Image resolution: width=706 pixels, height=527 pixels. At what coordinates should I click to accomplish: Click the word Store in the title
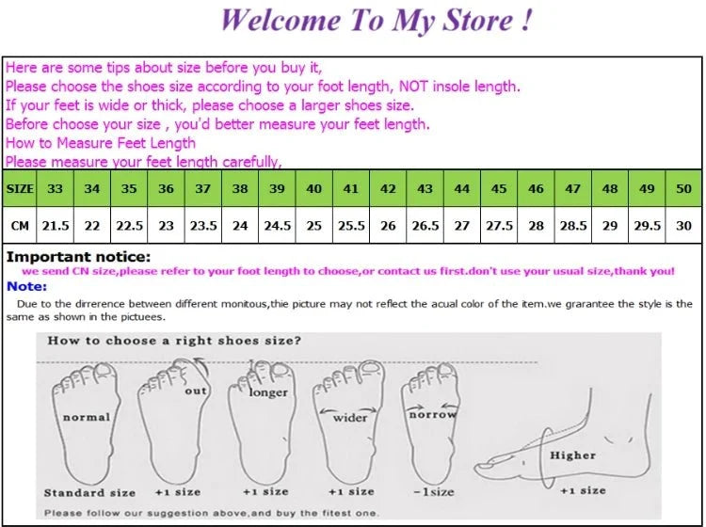[477, 21]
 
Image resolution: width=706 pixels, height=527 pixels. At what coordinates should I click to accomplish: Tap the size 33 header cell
[55, 188]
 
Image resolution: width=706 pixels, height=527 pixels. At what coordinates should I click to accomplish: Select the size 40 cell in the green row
[313, 188]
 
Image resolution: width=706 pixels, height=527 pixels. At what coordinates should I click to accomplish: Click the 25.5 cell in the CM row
[351, 226]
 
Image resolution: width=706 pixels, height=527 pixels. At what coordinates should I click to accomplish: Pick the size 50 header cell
[683, 188]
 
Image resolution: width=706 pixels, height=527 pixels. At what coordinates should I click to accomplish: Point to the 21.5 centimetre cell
[55, 226]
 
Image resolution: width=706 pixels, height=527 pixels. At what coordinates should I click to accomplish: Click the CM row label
[20, 226]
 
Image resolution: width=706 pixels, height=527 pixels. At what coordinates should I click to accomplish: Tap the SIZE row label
[20, 188]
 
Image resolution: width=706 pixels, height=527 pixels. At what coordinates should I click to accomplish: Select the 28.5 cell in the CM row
[572, 226]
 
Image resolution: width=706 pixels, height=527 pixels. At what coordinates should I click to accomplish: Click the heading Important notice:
[78, 257]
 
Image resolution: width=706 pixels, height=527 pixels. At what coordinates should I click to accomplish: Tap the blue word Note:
[26, 286]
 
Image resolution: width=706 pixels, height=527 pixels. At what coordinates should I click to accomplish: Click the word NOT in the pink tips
[413, 86]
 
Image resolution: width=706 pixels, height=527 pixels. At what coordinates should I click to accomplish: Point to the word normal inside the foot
[87, 418]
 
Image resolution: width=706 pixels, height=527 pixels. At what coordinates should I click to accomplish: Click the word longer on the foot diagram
[268, 392]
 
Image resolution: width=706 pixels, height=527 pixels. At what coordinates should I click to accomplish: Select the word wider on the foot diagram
[350, 418]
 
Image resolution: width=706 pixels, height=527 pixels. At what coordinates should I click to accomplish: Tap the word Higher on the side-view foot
[572, 455]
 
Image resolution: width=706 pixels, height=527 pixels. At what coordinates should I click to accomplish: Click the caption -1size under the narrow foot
[434, 492]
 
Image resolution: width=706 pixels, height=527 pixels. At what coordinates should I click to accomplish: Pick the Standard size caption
[89, 493]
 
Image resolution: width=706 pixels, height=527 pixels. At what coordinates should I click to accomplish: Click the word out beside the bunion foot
[196, 391]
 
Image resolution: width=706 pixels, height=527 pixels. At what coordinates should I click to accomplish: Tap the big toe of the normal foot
[104, 371]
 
